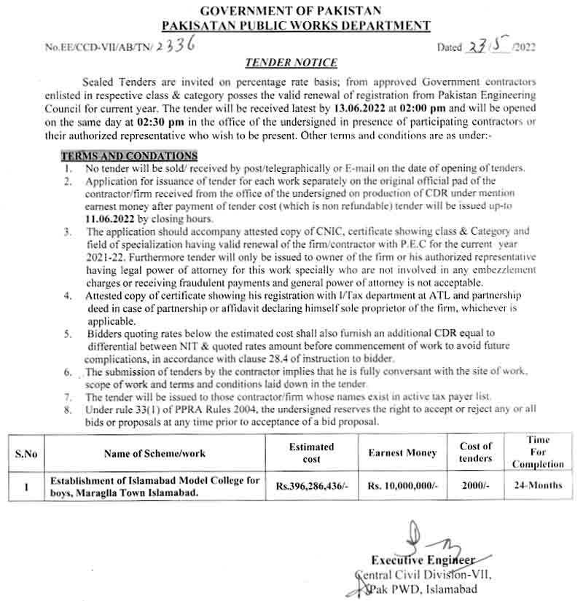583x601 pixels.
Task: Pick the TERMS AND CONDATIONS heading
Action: (x=129, y=156)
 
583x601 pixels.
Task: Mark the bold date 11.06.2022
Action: (x=110, y=219)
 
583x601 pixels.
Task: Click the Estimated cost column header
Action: (x=311, y=452)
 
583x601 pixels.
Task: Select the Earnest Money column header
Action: (x=402, y=453)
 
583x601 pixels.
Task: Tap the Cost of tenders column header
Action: (x=476, y=452)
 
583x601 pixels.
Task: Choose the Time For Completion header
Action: (x=538, y=452)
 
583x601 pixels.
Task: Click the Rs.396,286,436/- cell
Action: (x=311, y=486)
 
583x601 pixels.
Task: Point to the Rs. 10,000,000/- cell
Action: (x=402, y=486)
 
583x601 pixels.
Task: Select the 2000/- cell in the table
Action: (x=476, y=486)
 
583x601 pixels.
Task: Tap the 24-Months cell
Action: (x=538, y=486)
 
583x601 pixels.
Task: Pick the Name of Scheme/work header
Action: (x=154, y=453)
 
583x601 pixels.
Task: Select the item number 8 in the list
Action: (x=67, y=409)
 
